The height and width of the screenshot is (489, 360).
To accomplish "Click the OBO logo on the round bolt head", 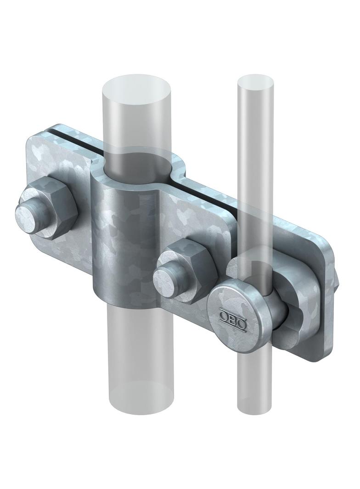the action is point(233,317).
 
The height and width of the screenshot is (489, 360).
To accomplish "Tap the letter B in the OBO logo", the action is point(233,317).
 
